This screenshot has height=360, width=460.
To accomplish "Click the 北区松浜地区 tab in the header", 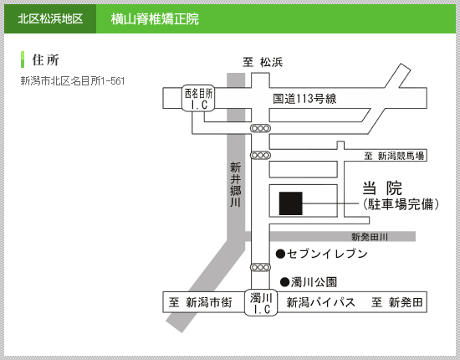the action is pyautogui.click(x=50, y=18).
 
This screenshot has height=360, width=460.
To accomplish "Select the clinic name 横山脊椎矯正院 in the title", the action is pyautogui.click(x=155, y=19).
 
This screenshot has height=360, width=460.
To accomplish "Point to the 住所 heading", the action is pyautogui.click(x=45, y=60).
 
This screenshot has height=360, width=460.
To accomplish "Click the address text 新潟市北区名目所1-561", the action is pyautogui.click(x=73, y=80).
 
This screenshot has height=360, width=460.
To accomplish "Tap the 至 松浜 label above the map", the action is pyautogui.click(x=263, y=62).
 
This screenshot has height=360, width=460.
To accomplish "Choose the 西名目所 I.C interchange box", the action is pyautogui.click(x=198, y=98).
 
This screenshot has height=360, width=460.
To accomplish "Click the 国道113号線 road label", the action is pyautogui.click(x=304, y=99).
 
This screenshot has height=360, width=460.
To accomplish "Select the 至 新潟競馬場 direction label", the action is pyautogui.click(x=394, y=156).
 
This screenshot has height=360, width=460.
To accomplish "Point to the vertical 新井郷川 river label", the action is pyautogui.click(x=235, y=184).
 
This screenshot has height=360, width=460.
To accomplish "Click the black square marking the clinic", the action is pyautogui.click(x=291, y=203).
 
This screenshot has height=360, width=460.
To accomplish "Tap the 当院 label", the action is pyautogui.click(x=382, y=188).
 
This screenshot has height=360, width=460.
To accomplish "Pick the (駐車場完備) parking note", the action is pyautogui.click(x=401, y=204).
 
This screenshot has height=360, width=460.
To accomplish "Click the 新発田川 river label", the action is pyautogui.click(x=370, y=237).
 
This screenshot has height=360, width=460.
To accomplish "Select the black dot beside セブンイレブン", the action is pyautogui.click(x=280, y=254).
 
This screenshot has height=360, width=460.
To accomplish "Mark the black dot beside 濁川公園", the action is pyautogui.click(x=284, y=282).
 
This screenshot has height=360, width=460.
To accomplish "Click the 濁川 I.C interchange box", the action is pyautogui.click(x=261, y=303).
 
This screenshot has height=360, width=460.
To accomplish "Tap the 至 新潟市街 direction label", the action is pyautogui.click(x=201, y=302).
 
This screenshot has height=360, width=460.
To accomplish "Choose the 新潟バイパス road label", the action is pyautogui.click(x=320, y=302).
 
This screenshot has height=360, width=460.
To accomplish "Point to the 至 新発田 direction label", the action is pyautogui.click(x=397, y=302).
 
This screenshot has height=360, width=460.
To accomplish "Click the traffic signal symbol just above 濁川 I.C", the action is pyautogui.click(x=260, y=267).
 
